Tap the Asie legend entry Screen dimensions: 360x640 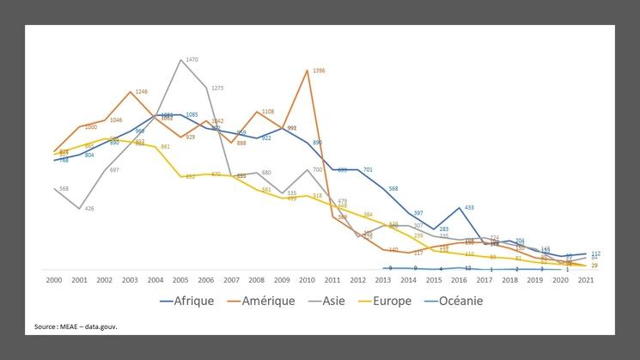coord(326,301)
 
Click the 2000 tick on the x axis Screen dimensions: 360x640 coord(54,281)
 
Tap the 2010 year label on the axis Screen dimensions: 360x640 coord(306,281)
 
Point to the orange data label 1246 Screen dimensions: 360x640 coord(141,91)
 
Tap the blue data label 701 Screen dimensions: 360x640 coord(368,170)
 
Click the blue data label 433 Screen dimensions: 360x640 coord(469,208)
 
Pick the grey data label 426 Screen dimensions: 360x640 coord(89,209)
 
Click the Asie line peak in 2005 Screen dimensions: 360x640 coord(180,59)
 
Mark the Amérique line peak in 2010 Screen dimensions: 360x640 coord(307,70)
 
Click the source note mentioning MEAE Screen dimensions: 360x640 coord(76,326)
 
